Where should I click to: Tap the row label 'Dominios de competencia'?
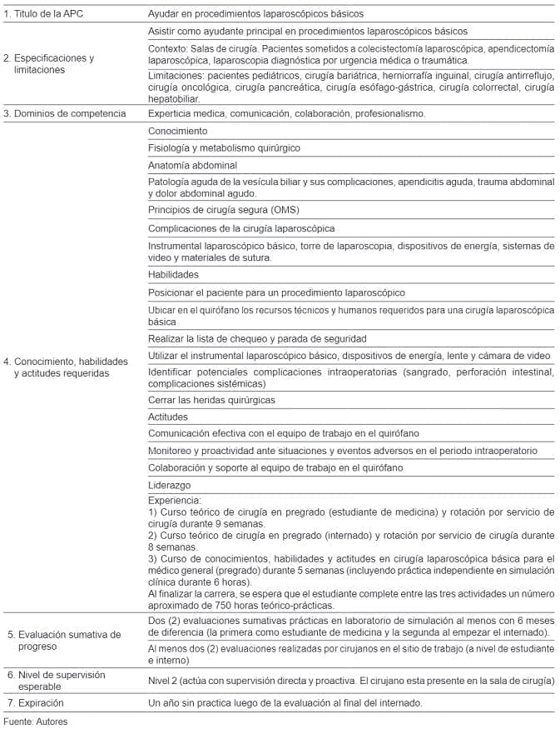pyautogui.click(x=65, y=112)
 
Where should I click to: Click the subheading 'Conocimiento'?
pyautogui.click(x=177, y=131)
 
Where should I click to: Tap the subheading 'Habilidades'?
pyautogui.click(x=173, y=274)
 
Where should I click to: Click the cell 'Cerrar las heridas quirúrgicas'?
pyautogui.click(x=211, y=400)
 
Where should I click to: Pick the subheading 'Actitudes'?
pyautogui.click(x=168, y=417)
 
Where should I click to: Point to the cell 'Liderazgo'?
pyautogui.click(x=169, y=484)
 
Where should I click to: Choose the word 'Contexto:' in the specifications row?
pyautogui.click(x=169, y=49)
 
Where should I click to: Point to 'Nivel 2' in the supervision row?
pyautogui.click(x=163, y=681)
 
